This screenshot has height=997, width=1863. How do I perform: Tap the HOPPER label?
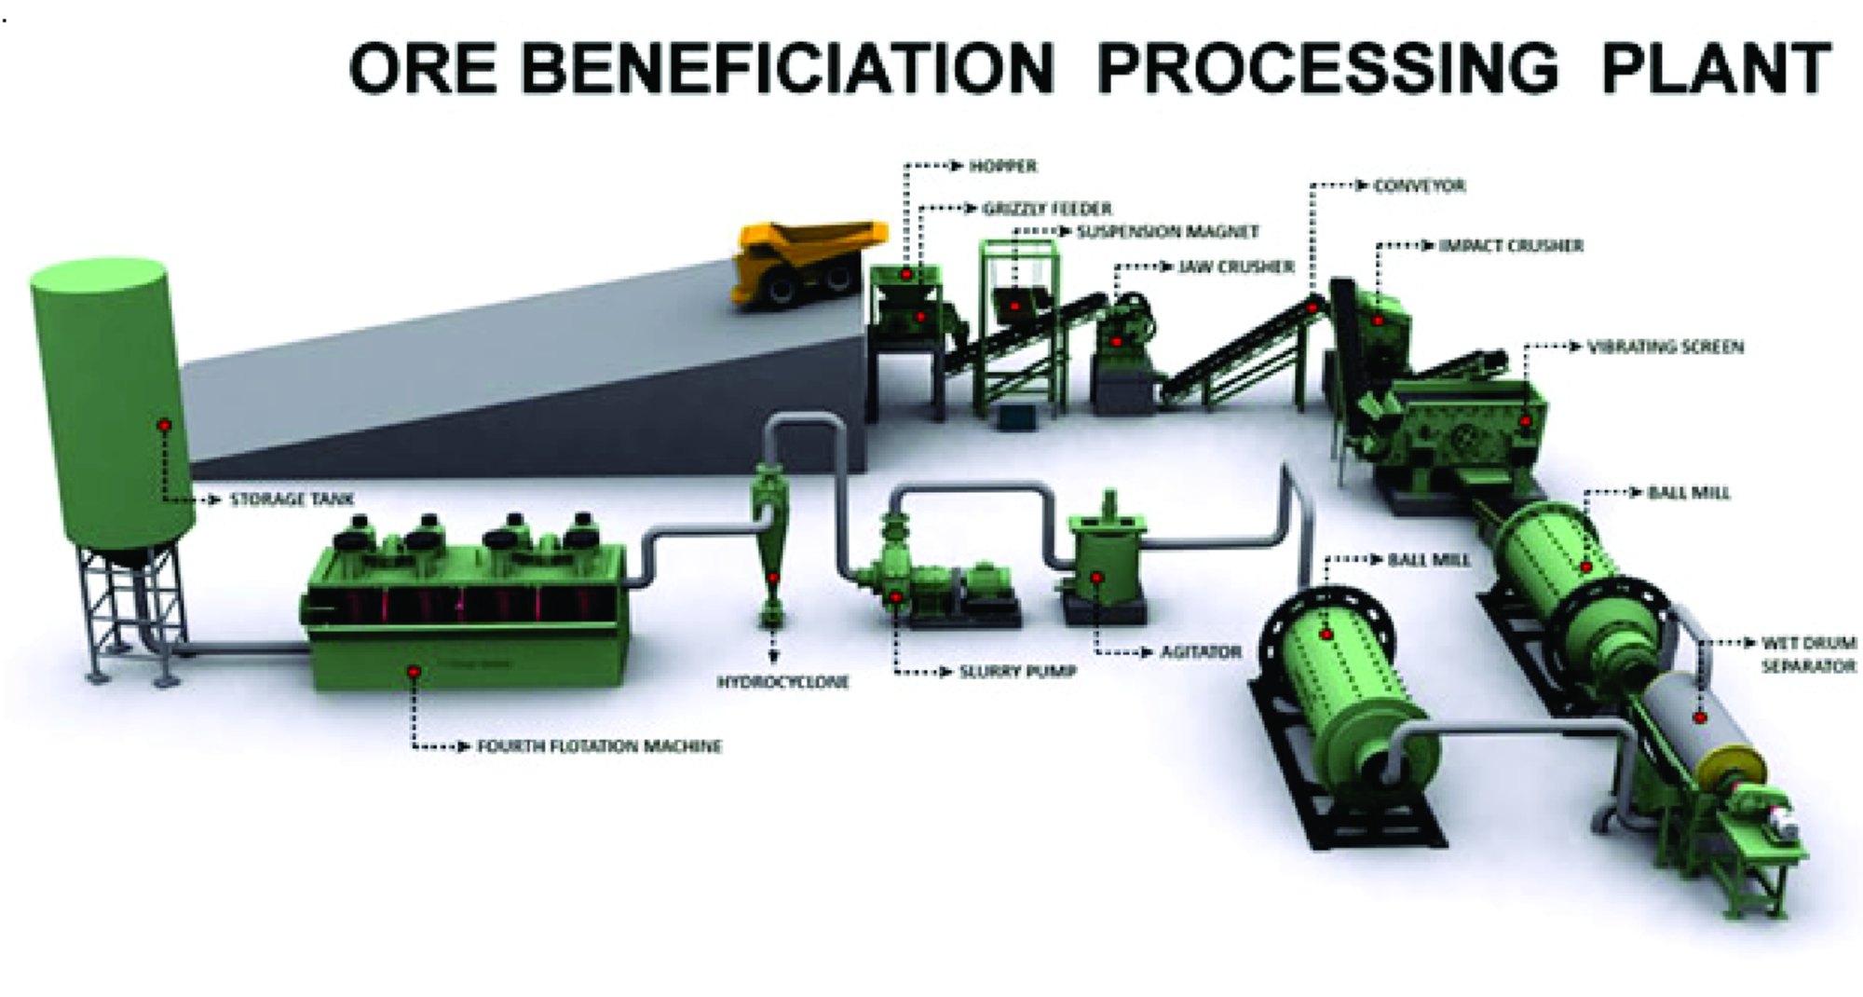1003,167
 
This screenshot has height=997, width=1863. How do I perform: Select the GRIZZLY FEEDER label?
1047,209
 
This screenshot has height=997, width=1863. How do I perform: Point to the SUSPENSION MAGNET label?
1168,231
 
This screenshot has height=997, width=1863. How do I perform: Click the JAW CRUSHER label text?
1236,267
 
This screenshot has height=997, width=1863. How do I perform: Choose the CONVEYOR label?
1420,186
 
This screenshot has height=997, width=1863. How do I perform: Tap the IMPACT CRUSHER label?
1511,246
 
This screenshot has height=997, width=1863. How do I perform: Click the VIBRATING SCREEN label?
1666,348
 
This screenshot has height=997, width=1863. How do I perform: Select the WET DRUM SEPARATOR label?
1808,655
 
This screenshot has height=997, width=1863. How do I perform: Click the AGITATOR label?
1201,652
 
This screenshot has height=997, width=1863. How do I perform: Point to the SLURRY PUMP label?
1018,671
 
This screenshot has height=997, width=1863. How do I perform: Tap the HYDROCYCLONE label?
782,682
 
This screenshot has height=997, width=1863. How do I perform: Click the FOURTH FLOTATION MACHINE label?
599,746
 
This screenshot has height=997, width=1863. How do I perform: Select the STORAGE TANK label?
292,499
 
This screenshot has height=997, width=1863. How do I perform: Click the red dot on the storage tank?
164,425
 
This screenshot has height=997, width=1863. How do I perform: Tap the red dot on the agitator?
1097,579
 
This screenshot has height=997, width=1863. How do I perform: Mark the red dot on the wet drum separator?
1701,718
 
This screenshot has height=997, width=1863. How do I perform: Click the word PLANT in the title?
1716,69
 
